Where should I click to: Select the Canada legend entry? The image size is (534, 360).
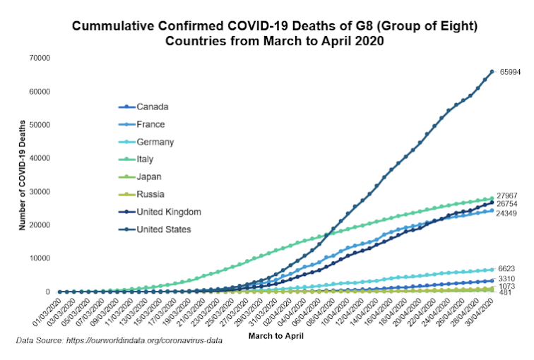tap(153, 107)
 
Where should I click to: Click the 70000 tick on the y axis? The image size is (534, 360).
tap(39, 58)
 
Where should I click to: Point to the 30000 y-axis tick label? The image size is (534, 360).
tap(39, 191)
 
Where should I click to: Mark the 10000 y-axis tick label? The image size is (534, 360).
tap(39, 258)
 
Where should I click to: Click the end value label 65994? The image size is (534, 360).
tap(511, 72)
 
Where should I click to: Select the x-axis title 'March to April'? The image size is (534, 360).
tap(275, 336)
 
